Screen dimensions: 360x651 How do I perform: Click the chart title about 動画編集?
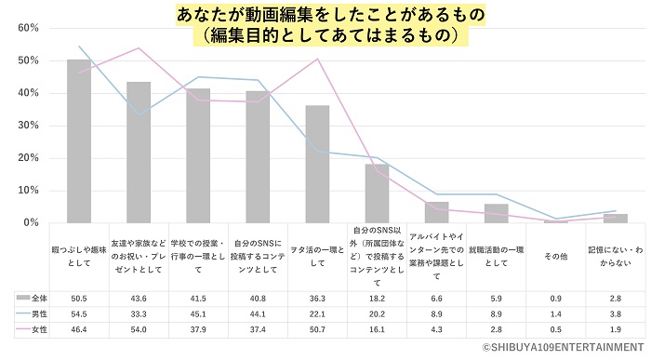[325, 25]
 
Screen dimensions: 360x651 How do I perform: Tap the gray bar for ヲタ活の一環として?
[317, 164]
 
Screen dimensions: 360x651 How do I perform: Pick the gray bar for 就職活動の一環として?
[496, 213]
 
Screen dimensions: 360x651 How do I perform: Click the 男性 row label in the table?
[35, 313]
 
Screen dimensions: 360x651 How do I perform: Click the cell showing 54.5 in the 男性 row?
[78, 313]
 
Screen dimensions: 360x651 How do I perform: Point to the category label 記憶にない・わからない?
[615, 257]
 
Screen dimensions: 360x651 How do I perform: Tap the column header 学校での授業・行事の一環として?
[197, 257]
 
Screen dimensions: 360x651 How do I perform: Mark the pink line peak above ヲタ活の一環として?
[317, 60]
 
